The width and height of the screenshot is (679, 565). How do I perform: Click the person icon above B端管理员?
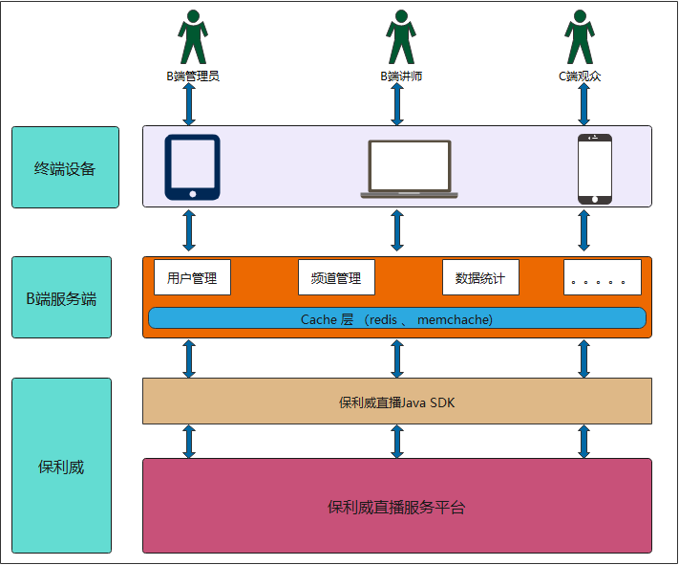pyautogui.click(x=192, y=37)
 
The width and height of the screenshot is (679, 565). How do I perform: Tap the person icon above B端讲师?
pyautogui.click(x=401, y=37)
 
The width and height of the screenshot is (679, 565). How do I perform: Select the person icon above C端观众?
pyautogui.click(x=579, y=37)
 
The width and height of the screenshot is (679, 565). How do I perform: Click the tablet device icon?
pyautogui.click(x=192, y=167)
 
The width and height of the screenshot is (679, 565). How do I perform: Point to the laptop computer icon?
pyautogui.click(x=409, y=168)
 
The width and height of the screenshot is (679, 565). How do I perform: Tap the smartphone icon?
pyautogui.click(x=594, y=168)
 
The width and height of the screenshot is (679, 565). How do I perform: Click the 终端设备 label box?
pyautogui.click(x=65, y=167)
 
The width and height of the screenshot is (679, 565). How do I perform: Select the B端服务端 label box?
pyautogui.click(x=61, y=297)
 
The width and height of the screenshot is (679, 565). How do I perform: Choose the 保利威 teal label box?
pyautogui.click(x=61, y=466)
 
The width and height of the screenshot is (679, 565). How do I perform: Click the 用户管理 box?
pyautogui.click(x=192, y=278)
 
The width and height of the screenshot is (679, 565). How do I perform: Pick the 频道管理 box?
pyautogui.click(x=336, y=278)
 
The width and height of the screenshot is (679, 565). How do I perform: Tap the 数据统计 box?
pyautogui.click(x=480, y=278)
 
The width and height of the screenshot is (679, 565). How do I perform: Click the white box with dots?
pyautogui.click(x=602, y=278)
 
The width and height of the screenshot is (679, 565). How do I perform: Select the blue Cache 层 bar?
pyautogui.click(x=396, y=318)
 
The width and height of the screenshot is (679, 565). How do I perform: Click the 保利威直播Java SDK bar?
pyautogui.click(x=396, y=402)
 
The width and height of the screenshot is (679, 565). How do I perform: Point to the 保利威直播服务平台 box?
pyautogui.click(x=396, y=506)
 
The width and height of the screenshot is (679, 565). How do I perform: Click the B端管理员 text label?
pyautogui.click(x=192, y=76)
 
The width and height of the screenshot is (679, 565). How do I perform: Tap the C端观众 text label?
pyautogui.click(x=580, y=76)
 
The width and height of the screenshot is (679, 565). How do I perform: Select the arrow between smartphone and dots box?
pyautogui.click(x=584, y=230)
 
